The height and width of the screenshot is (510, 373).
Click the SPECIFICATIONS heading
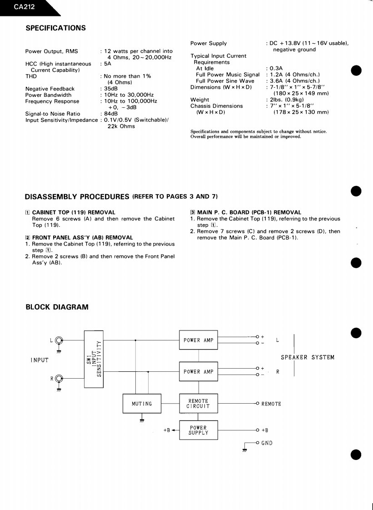pos(55,28)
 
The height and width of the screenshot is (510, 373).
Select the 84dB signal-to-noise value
pos(111,114)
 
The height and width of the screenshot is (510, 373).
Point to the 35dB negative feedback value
pos(111,89)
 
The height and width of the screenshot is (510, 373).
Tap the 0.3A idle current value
pos(276,69)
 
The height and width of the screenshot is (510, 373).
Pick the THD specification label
pos(31,76)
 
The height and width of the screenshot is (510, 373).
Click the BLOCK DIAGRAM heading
pos(57,307)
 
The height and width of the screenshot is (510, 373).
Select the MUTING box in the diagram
pos(142,404)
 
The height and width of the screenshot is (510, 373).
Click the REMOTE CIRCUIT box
pos(198,404)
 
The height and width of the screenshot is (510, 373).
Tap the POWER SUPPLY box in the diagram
pos(198,430)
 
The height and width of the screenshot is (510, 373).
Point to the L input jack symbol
pos(59,340)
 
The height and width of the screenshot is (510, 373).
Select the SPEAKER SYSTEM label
pos(307,357)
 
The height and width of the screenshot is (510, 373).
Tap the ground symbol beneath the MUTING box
pos(142,420)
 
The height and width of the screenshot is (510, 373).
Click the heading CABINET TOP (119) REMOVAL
pos(74,212)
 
